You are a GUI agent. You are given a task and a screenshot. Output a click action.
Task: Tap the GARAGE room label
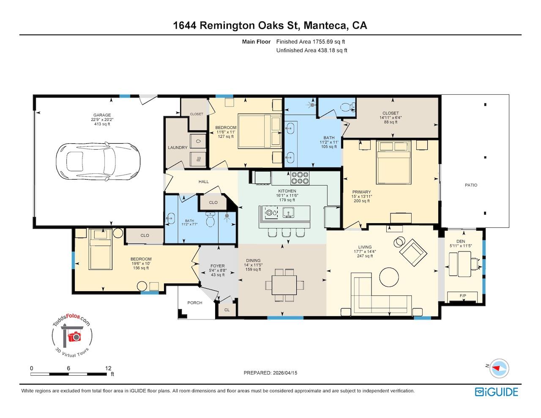[102, 115]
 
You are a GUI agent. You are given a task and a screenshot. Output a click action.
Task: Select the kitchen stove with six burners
[300, 178]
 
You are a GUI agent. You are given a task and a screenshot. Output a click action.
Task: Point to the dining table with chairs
[284, 285]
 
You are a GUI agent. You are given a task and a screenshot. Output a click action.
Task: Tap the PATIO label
[471, 185]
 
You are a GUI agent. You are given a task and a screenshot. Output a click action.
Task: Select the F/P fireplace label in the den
[463, 296]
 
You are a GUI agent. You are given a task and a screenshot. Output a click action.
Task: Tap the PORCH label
[195, 303]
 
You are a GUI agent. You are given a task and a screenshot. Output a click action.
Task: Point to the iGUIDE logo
[496, 392]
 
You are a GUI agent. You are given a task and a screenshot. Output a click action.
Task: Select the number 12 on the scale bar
[108, 368]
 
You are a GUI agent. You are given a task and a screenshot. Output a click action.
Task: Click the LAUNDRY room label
[178, 148]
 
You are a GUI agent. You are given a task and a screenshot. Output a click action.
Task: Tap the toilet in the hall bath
[210, 219]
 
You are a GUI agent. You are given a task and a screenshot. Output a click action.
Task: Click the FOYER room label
[218, 266]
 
